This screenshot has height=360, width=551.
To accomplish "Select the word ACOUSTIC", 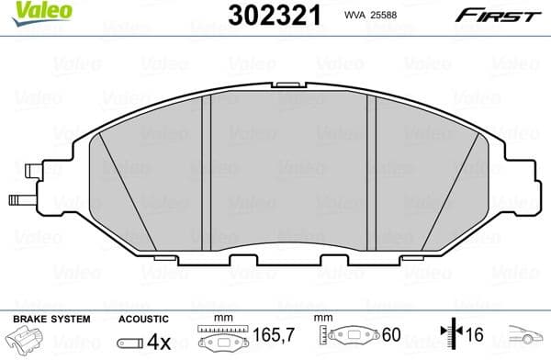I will point(143,319).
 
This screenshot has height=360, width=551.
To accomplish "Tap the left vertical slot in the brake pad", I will point(207,170).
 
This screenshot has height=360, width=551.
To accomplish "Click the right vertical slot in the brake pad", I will point(372,170).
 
